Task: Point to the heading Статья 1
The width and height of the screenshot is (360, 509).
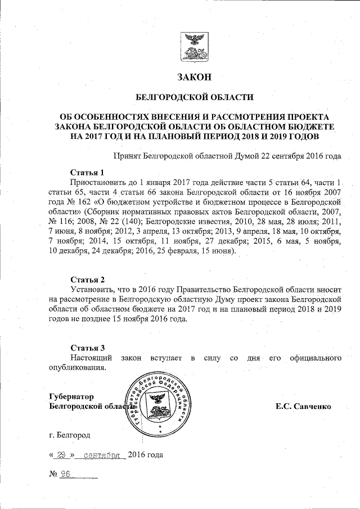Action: click(87, 172)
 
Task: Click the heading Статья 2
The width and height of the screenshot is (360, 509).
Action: click(87, 280)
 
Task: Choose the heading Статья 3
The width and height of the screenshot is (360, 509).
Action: click(87, 348)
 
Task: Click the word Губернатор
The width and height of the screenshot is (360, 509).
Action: click(71, 396)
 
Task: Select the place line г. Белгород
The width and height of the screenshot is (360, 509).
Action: click(69, 435)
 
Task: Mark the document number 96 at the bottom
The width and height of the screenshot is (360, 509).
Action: click(65, 474)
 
